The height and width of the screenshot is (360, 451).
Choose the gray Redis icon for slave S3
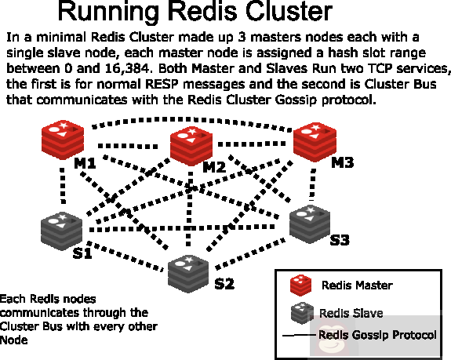[311, 223]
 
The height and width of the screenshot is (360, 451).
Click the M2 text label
[214, 167]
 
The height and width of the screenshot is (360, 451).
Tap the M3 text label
[342, 162]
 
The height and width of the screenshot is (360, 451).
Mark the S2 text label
[224, 283]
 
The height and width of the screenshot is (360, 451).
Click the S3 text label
[339, 240]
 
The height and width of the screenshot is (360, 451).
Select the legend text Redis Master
[357, 285]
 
